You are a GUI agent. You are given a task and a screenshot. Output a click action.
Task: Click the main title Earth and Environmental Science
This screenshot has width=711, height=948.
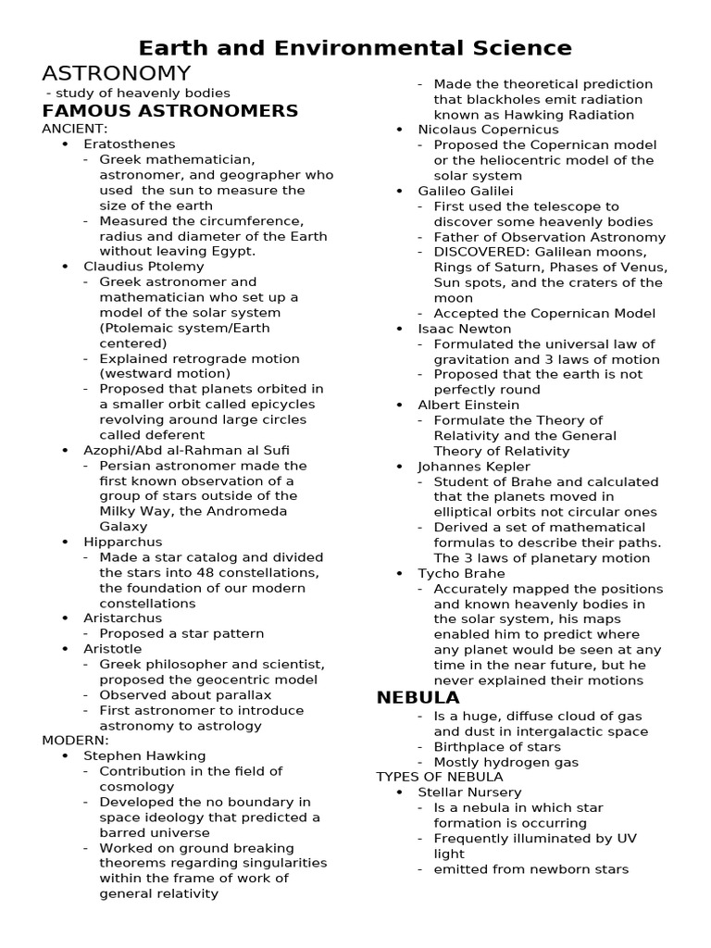(355, 48)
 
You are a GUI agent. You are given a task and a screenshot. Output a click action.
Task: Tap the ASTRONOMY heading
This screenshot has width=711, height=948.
(117, 73)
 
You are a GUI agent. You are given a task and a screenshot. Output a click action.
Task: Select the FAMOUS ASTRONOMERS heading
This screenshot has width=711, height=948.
(170, 111)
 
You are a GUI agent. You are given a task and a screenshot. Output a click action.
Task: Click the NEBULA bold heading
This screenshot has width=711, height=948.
(418, 697)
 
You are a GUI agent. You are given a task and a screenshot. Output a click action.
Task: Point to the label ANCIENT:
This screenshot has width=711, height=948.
(75, 129)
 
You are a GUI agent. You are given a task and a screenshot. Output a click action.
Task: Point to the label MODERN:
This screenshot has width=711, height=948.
(76, 741)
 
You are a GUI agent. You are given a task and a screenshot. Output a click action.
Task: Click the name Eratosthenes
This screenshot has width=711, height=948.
(130, 144)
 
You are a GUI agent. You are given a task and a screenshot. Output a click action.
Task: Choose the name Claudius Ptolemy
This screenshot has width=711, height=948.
(143, 267)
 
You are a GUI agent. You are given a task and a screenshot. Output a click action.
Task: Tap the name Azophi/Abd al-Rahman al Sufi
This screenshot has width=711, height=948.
(184, 450)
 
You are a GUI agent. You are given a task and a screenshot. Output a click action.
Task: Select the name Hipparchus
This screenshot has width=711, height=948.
(123, 542)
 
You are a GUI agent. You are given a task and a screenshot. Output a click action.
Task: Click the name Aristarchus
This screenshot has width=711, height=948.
(123, 618)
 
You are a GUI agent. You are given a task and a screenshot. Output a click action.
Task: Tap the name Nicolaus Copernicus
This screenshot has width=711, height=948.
(485, 130)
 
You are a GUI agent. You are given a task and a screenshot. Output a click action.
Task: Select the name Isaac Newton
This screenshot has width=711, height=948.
(464, 329)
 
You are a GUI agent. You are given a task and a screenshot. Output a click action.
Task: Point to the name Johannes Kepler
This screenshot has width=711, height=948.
(474, 467)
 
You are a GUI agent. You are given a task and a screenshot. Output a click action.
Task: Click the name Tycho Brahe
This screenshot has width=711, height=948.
(461, 574)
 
